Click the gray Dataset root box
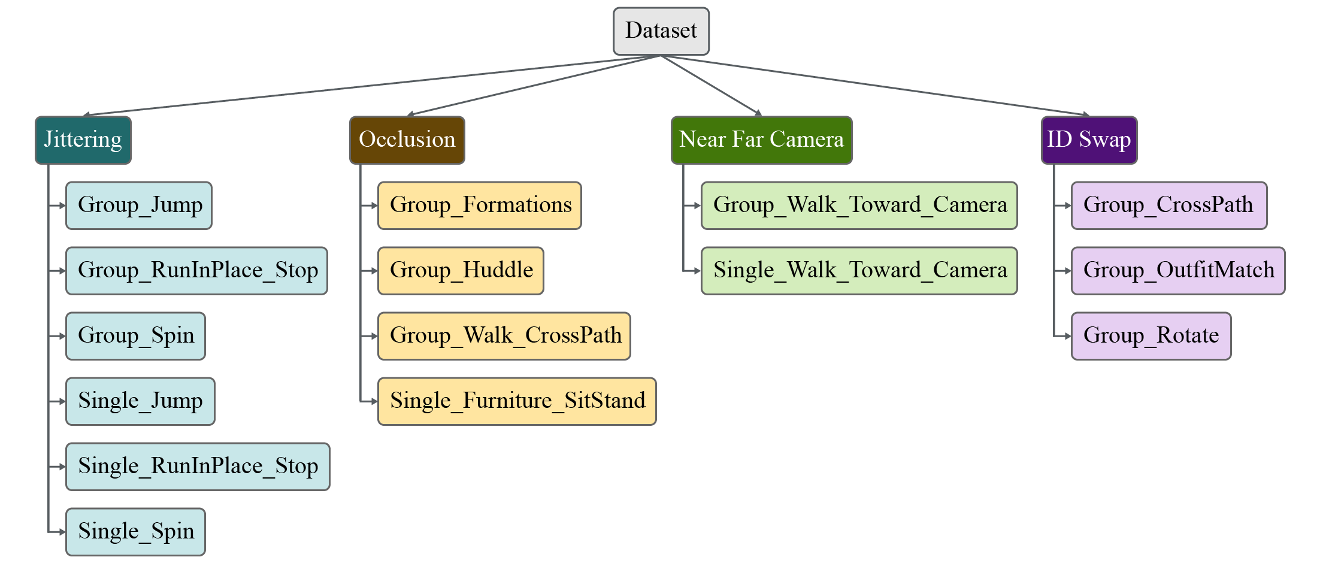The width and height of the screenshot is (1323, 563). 661,31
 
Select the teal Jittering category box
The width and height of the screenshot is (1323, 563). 83,140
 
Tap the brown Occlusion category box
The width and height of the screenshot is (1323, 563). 407,140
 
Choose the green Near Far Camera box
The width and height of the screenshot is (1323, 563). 761,140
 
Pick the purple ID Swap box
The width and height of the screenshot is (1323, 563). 1089,140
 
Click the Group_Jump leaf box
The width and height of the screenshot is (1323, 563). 139,205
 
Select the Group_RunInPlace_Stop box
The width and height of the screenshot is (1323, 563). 196,271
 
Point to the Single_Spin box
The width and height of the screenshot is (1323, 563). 135,532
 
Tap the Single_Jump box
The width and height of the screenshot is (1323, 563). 140,401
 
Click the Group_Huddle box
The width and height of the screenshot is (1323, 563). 461,271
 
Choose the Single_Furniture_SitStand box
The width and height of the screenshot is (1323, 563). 517,401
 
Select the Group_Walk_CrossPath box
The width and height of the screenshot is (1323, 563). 504,336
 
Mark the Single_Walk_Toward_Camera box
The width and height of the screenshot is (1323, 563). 859,271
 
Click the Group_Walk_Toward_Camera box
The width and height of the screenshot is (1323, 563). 859,205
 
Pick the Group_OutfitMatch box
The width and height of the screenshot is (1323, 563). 1177,271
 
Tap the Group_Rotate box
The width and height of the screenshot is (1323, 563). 1151,336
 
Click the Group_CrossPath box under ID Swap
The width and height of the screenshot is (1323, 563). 1168,205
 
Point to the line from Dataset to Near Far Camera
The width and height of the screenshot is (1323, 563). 710,84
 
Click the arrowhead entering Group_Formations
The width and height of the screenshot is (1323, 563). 374,205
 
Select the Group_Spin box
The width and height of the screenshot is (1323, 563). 135,336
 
